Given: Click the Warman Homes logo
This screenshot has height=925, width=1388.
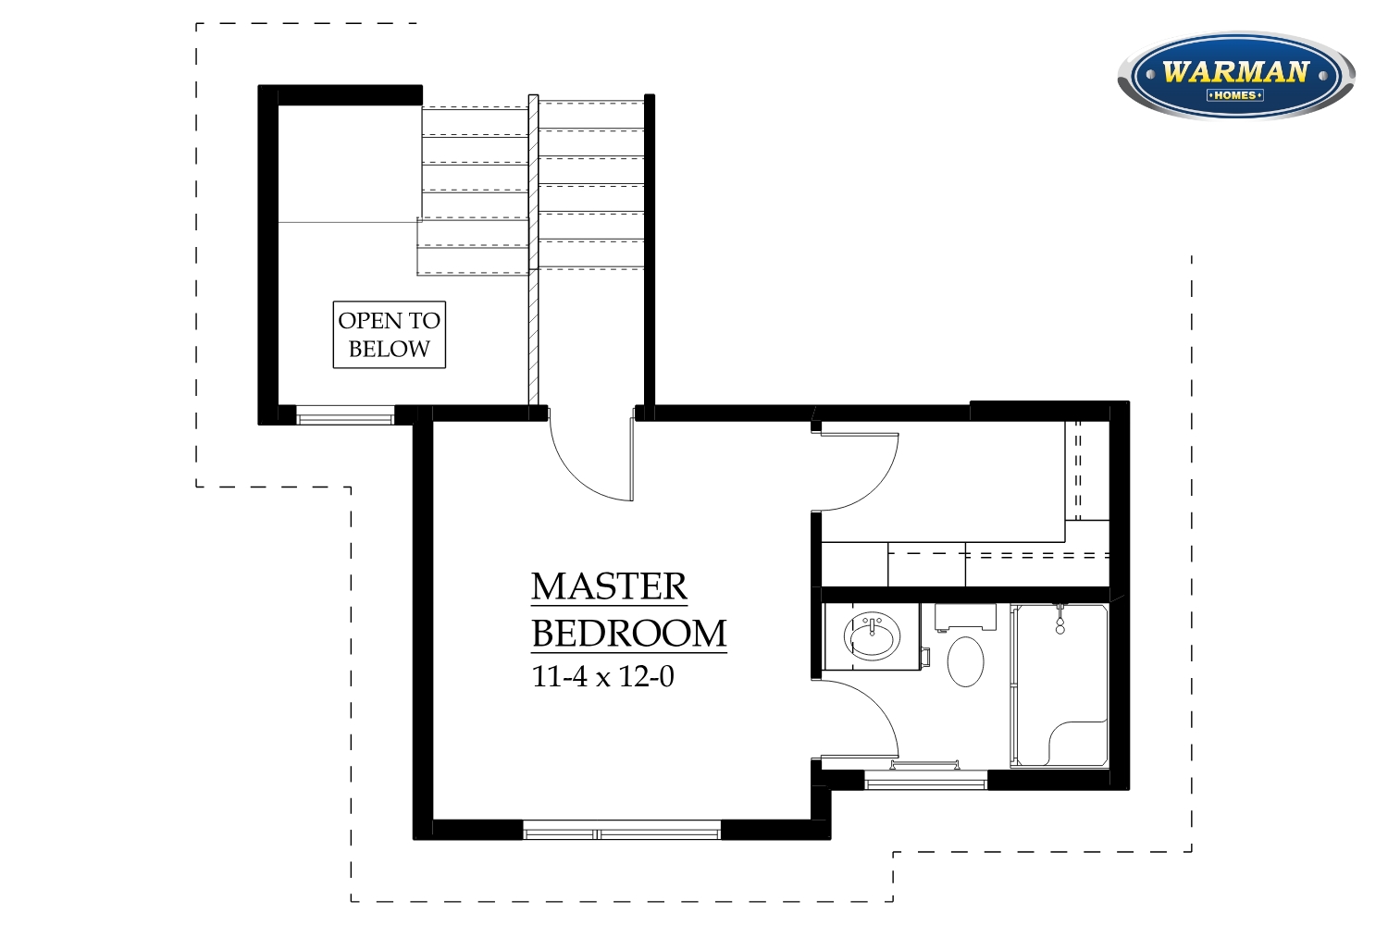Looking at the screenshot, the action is pyautogui.click(x=1236, y=75).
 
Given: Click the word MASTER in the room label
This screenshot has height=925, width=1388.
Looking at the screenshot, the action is pyautogui.click(x=609, y=586).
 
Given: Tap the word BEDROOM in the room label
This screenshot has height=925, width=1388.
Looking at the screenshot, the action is pyautogui.click(x=629, y=634).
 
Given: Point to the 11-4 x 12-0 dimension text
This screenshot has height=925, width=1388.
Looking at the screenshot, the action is pyautogui.click(x=603, y=676).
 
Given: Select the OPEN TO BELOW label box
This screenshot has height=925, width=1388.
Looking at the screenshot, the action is pyautogui.click(x=390, y=335).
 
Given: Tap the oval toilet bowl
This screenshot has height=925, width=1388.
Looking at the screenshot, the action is pyautogui.click(x=965, y=661).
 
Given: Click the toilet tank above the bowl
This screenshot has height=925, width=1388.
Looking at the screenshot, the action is pyautogui.click(x=965, y=617).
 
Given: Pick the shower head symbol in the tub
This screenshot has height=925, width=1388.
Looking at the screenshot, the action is pyautogui.click(x=1060, y=620).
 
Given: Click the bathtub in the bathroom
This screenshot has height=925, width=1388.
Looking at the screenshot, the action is pyautogui.click(x=1060, y=685).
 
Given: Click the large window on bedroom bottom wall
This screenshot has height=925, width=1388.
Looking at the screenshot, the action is pyautogui.click(x=622, y=830).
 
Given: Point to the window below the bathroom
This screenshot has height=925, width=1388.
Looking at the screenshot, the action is pyautogui.click(x=925, y=780).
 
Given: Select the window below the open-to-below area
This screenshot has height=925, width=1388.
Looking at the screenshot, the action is pyautogui.click(x=345, y=415).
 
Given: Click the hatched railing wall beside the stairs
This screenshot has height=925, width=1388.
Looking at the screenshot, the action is pyautogui.click(x=534, y=250).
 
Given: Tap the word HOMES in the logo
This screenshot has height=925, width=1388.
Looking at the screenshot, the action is pyautogui.click(x=1235, y=95).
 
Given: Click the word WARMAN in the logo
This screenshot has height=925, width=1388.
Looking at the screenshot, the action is pyautogui.click(x=1235, y=72).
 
